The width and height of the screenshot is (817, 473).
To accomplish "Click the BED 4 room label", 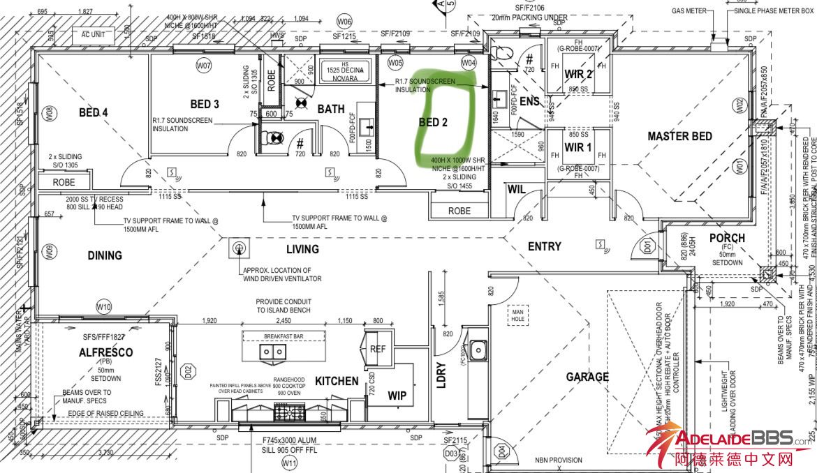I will tap(93, 112).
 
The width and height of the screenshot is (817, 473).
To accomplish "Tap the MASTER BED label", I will tap(679, 136).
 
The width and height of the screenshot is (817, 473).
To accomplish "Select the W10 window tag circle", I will tap(104, 306).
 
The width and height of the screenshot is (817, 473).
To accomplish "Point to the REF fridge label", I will tap(378, 349).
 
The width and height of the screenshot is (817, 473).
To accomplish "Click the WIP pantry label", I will tap(397, 396).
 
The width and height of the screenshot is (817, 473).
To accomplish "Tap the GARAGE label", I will tap(587, 377).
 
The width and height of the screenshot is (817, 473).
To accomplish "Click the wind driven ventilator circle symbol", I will tap(239, 248).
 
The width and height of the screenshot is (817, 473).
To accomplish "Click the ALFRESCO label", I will tap(106, 352).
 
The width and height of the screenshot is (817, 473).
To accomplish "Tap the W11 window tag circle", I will tap(290, 463).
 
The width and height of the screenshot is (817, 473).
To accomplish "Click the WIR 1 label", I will tap(578, 147).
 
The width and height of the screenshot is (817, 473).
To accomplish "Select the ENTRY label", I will tap(545, 246).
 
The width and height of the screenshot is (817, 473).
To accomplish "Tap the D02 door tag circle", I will tap(187, 370).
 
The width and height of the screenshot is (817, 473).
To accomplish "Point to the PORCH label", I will tap(727, 238).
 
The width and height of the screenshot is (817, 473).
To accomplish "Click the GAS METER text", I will tap(689, 11).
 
